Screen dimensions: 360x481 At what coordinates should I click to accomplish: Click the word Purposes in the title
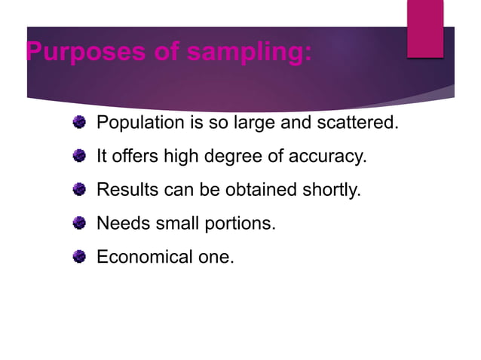[x=75, y=53]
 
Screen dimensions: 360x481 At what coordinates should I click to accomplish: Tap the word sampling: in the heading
[x=253, y=53]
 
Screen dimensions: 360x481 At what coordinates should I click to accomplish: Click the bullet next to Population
[x=79, y=122]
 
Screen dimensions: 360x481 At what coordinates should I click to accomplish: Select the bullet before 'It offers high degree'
[x=79, y=156]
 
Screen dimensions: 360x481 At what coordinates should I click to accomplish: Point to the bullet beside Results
[x=79, y=189]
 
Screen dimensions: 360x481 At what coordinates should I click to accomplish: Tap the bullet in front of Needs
[x=79, y=223]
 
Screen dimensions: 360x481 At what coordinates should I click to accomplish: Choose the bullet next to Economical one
[x=79, y=257]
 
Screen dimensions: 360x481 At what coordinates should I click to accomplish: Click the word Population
[x=140, y=123]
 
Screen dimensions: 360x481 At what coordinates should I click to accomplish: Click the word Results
[x=127, y=190]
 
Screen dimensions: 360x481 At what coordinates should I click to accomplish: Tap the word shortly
[x=331, y=190]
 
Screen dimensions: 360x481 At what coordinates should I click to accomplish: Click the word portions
[x=240, y=224]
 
